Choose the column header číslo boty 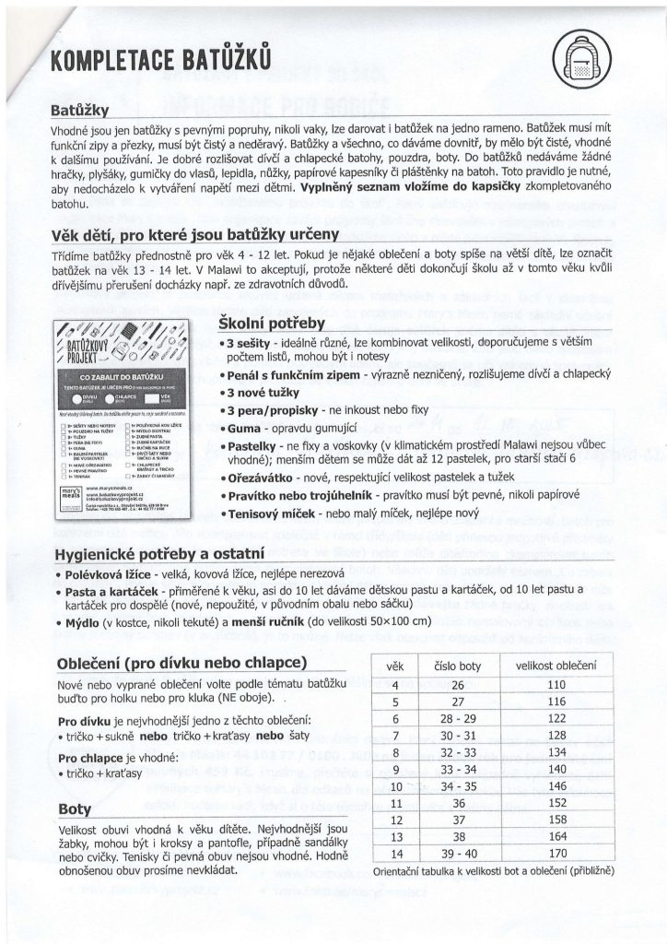coord(457,666)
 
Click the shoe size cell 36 coord(457,803)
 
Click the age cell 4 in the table coord(394,685)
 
